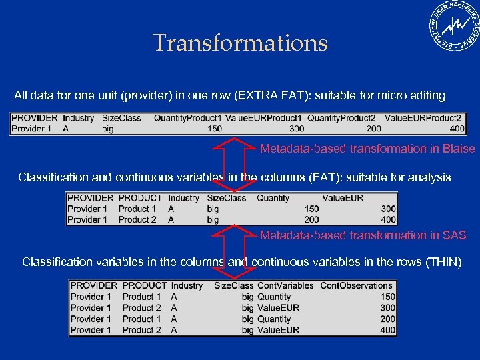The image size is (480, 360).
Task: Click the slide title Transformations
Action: pyautogui.click(x=240, y=43)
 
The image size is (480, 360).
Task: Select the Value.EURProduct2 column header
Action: pyautogui.click(x=423, y=118)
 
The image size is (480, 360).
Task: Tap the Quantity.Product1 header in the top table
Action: pyautogui.click(x=187, y=118)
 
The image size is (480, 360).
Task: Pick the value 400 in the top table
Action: pyautogui.click(x=457, y=128)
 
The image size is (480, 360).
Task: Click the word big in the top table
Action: pyautogui.click(x=108, y=128)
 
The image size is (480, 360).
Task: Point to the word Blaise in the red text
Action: pyautogui.click(x=459, y=149)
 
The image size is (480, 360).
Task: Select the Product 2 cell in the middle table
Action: pyautogui.click(x=137, y=219)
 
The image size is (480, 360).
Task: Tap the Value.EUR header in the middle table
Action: pyautogui.click(x=343, y=198)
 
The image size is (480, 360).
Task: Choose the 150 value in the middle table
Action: pyautogui.click(x=311, y=209)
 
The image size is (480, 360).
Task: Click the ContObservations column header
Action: pyautogui.click(x=357, y=285)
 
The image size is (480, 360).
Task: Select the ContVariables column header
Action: pyautogui.click(x=285, y=285)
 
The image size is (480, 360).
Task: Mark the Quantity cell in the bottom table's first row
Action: pyautogui.click(x=274, y=297)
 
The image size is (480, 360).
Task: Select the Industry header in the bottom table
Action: pyautogui.click(x=187, y=285)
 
